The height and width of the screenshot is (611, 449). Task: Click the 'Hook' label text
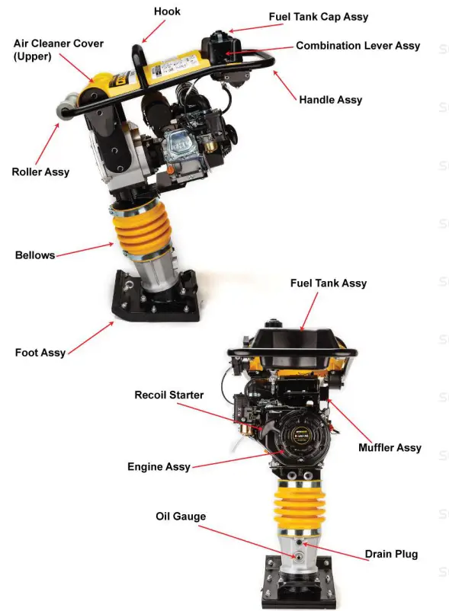pyautogui.click(x=167, y=11)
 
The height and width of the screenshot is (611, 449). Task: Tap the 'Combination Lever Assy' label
pyautogui.click(x=358, y=46)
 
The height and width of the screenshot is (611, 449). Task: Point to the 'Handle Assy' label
pyautogui.click(x=330, y=100)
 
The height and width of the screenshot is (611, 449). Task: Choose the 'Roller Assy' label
pyautogui.click(x=40, y=172)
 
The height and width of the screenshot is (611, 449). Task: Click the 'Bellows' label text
pyautogui.click(x=35, y=255)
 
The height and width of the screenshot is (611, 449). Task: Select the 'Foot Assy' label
pyautogui.click(x=40, y=353)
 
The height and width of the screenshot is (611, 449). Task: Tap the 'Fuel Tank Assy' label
pyautogui.click(x=328, y=283)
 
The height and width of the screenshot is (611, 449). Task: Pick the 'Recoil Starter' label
pyautogui.click(x=169, y=395)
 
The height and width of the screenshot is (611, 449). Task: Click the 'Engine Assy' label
pyautogui.click(x=159, y=466)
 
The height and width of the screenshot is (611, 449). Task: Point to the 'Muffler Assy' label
pyautogui.click(x=390, y=447)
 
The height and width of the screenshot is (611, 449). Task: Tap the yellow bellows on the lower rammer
pyautogui.click(x=303, y=507)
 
